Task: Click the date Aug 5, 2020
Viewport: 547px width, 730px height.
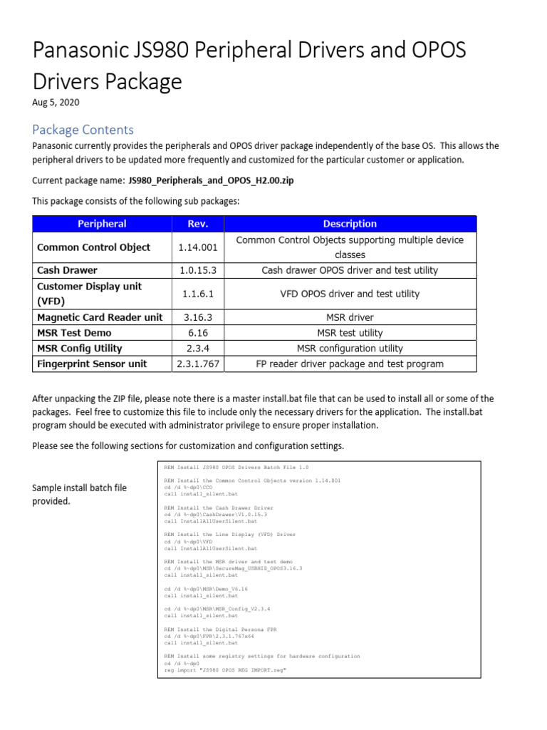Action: [56, 102]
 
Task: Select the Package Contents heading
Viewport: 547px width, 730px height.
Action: [83, 129]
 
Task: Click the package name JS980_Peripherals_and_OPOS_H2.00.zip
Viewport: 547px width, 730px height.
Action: [210, 180]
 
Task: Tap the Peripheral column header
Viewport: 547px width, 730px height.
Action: [102, 224]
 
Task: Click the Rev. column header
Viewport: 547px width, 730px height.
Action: [198, 224]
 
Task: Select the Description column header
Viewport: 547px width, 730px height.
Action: [349, 224]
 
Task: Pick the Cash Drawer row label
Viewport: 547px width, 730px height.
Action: [67, 270]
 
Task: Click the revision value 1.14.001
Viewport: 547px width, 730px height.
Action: [198, 247]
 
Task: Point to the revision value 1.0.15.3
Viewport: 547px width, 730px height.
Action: [198, 270]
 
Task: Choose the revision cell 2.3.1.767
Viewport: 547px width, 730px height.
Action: [198, 364]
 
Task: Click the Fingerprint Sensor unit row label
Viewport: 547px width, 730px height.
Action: [92, 364]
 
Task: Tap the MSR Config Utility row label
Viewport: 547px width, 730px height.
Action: [79, 348]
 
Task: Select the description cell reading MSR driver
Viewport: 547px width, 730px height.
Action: [349, 317]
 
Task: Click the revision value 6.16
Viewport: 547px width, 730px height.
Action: [198, 333]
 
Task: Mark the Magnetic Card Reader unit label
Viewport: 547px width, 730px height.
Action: [100, 317]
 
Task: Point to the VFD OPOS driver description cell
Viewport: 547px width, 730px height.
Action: [349, 294]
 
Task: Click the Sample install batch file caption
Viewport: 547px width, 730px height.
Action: [79, 494]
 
